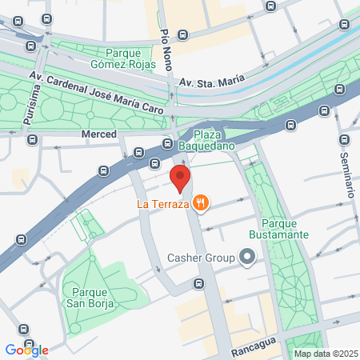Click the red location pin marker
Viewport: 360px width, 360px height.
(180, 177)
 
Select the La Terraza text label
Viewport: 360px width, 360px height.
(163, 205)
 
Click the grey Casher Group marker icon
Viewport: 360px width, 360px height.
(246, 258)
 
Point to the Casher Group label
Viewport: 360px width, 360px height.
(201, 258)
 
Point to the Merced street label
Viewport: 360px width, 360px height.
(99, 134)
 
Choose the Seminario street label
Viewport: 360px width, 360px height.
(348, 175)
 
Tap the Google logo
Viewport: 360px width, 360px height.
(26, 350)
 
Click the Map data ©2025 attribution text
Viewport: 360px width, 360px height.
(326, 354)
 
